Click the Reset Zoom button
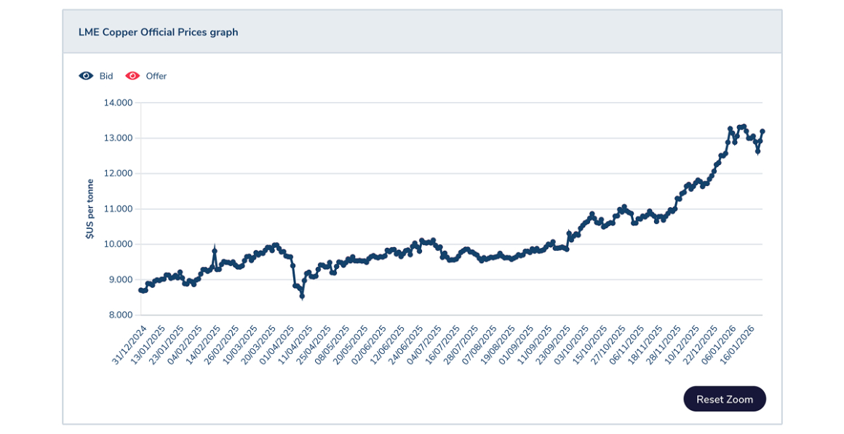(x=724, y=399)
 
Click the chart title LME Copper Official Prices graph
(x=158, y=32)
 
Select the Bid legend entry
(x=106, y=76)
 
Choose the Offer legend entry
(x=156, y=76)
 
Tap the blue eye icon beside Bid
(x=87, y=76)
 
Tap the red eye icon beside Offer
(x=132, y=76)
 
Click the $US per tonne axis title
(x=89, y=209)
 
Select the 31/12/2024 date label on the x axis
(x=129, y=344)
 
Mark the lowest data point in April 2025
(x=302, y=296)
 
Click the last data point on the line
(x=763, y=132)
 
